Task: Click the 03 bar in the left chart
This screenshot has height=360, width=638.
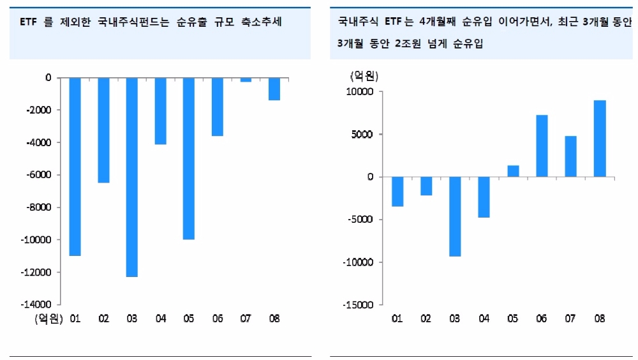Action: pos(132,177)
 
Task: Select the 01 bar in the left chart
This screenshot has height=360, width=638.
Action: pos(75,167)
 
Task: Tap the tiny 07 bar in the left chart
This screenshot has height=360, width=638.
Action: pos(246,80)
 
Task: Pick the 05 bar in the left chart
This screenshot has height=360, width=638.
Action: pos(189,159)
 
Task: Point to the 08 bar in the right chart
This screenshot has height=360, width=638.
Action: pos(600,139)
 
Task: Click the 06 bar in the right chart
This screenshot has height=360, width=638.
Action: pos(542,146)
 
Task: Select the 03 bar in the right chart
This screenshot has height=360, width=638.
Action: pos(455,216)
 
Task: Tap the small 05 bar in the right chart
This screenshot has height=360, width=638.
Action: pos(513,171)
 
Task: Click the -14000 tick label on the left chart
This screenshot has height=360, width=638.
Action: pos(40,305)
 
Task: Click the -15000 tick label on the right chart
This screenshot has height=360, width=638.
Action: pos(360,305)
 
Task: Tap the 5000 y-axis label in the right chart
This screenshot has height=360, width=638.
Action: pos(364,135)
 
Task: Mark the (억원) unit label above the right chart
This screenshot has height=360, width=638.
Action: pos(364,76)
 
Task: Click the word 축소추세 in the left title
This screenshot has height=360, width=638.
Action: pos(260,22)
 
